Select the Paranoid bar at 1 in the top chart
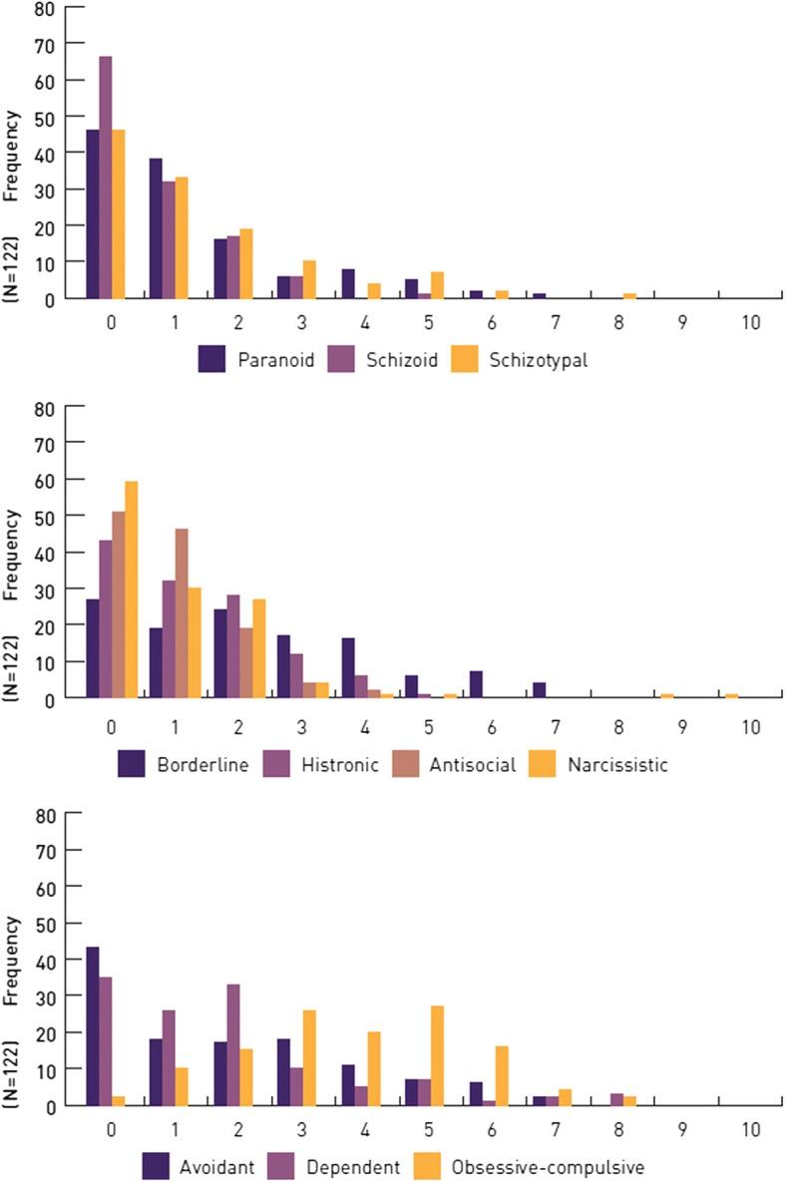coord(156,228)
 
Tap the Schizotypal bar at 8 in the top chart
coord(629,295)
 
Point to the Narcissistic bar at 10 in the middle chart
coord(731,695)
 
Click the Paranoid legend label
coord(276,360)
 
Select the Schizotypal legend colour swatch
coord(467,360)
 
